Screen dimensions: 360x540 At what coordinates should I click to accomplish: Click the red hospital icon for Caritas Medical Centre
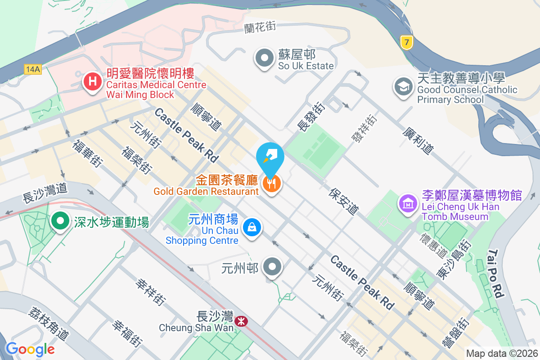(x=93, y=82)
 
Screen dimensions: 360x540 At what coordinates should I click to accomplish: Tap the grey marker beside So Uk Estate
(x=265, y=58)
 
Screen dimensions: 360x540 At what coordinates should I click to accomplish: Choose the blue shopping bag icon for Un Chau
(x=252, y=227)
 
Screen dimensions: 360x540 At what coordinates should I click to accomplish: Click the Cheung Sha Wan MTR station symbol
(x=241, y=321)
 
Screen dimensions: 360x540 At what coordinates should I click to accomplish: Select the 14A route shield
(x=33, y=69)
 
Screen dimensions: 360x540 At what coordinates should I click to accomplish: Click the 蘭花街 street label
(x=260, y=27)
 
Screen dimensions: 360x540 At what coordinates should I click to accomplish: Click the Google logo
(x=30, y=349)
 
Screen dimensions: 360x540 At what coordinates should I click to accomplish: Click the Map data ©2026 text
(x=502, y=353)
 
